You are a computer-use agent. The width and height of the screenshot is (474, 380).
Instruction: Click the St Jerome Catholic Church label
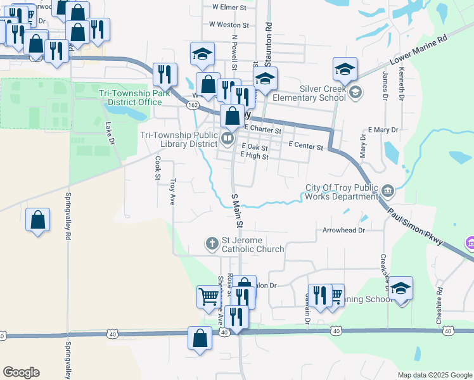point(252,244)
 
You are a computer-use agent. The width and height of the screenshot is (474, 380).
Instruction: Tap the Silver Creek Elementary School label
point(309,94)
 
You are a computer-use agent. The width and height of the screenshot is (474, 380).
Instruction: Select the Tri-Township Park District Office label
point(131,98)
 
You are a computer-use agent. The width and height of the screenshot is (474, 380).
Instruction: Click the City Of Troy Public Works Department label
point(341,192)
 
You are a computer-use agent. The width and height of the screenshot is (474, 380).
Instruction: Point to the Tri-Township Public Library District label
point(177,139)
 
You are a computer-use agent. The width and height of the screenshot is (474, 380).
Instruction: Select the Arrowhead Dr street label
point(344,231)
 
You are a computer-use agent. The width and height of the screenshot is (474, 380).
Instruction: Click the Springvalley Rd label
point(68,215)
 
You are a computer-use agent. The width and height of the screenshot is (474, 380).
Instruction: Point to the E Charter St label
point(262,129)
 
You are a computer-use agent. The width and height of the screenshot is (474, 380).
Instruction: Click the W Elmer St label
point(229,7)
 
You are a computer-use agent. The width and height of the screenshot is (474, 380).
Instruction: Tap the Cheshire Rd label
point(439,307)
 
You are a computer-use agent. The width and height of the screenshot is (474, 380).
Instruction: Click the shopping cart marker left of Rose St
point(208,295)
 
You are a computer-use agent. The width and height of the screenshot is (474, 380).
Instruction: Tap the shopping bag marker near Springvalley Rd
point(38,220)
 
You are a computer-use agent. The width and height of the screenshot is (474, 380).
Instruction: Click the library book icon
point(227,137)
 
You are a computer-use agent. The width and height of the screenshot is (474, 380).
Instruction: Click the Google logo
point(21,372)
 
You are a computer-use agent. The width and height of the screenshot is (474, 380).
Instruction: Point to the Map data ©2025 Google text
point(434,375)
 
